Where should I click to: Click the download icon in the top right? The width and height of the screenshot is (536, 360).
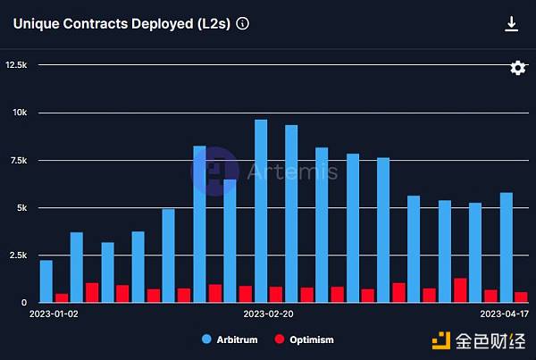click(x=511, y=24)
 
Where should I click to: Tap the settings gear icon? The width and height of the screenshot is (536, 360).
click(x=517, y=68)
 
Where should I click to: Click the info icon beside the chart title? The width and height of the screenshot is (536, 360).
click(x=243, y=24)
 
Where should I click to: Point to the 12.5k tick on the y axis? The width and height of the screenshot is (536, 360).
click(x=16, y=65)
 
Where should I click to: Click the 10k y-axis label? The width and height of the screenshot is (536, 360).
click(x=20, y=113)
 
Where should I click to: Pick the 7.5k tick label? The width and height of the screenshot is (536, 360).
click(x=18, y=160)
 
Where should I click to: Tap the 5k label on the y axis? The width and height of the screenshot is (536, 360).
click(x=21, y=208)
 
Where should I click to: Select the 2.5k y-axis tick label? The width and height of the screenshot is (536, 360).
click(x=18, y=255)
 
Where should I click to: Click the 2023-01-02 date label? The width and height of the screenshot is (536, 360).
click(x=54, y=314)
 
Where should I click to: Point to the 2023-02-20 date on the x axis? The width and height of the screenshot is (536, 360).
click(x=268, y=314)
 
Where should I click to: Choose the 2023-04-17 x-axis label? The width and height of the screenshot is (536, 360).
click(x=505, y=314)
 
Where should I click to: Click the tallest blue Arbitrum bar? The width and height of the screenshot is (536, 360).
click(x=261, y=212)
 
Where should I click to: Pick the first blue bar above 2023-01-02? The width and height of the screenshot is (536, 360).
click(x=46, y=281)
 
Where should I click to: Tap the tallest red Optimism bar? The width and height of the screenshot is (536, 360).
click(x=460, y=290)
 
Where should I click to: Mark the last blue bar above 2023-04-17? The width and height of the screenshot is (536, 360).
click(x=507, y=247)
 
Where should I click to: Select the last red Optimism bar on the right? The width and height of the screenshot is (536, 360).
click(x=521, y=297)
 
